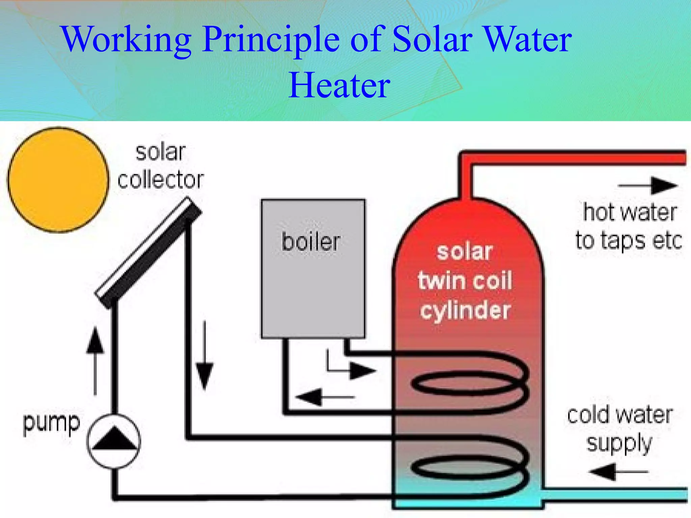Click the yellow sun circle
(58, 180)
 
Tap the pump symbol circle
(114, 441)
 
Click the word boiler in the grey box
(311, 242)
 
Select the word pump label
(51, 423)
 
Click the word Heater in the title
(339, 86)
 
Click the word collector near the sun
(161, 179)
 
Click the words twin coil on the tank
(465, 281)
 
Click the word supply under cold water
(619, 444)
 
